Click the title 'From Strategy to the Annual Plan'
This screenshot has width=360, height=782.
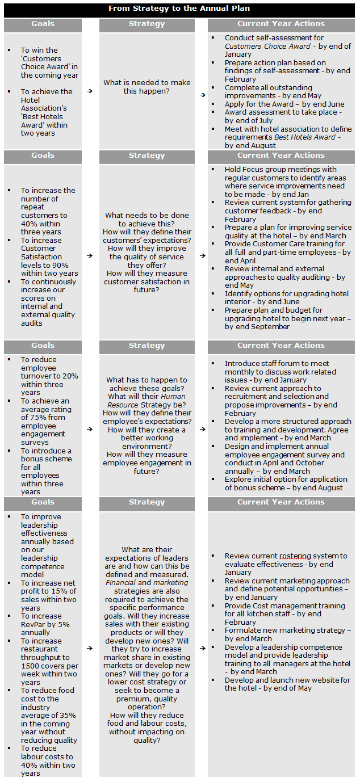[x=179, y=9]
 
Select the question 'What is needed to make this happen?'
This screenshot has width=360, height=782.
[x=146, y=87]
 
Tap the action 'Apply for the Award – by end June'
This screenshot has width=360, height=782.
[x=284, y=104]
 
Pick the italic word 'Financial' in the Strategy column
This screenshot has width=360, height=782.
[x=120, y=583]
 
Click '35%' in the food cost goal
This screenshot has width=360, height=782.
[x=69, y=716]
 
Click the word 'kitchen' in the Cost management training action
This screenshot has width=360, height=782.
[x=254, y=614]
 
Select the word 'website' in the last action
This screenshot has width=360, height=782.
[x=309, y=680]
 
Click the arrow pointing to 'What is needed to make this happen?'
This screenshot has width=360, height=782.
[x=90, y=91]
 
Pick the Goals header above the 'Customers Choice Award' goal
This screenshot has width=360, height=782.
[x=43, y=24]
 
